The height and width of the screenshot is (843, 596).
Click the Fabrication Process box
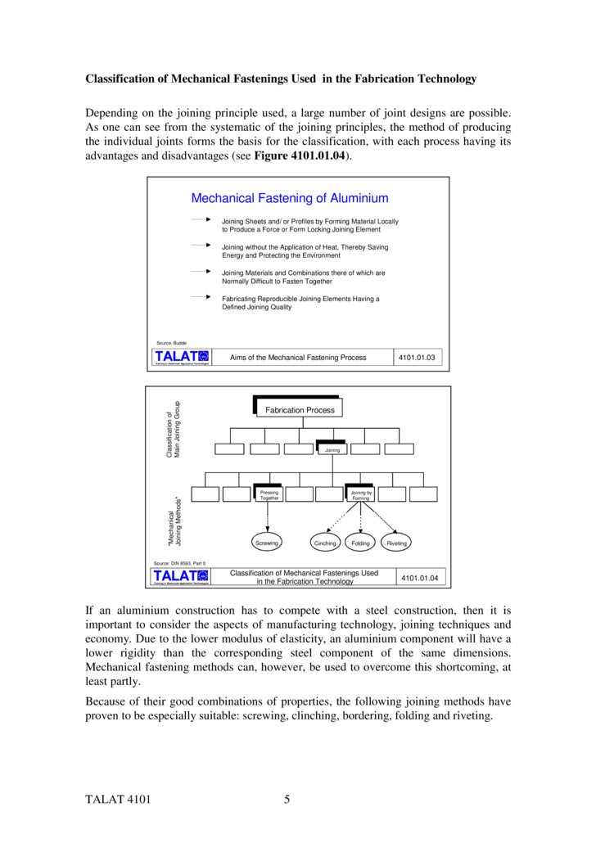click(299, 409)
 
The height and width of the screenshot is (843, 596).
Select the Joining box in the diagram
click(332, 449)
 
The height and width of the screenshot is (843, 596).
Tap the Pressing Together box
click(269, 494)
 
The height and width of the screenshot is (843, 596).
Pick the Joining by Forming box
click(360, 494)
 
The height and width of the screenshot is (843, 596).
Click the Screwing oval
click(267, 543)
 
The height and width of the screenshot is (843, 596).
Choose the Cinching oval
click(325, 543)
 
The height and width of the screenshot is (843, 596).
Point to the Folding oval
click(360, 543)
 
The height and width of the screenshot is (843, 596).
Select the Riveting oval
click(396, 543)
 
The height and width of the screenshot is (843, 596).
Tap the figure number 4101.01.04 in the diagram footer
click(420, 578)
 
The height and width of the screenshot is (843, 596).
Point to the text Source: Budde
click(171, 343)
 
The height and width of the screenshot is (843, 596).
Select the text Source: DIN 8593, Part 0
click(180, 564)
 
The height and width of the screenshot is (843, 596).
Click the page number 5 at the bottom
click(287, 800)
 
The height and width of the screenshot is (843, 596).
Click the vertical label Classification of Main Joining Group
click(173, 428)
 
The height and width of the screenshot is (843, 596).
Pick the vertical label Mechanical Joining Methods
click(173, 522)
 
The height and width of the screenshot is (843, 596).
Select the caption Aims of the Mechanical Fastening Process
click(298, 357)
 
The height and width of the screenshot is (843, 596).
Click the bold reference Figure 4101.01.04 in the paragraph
click(303, 156)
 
